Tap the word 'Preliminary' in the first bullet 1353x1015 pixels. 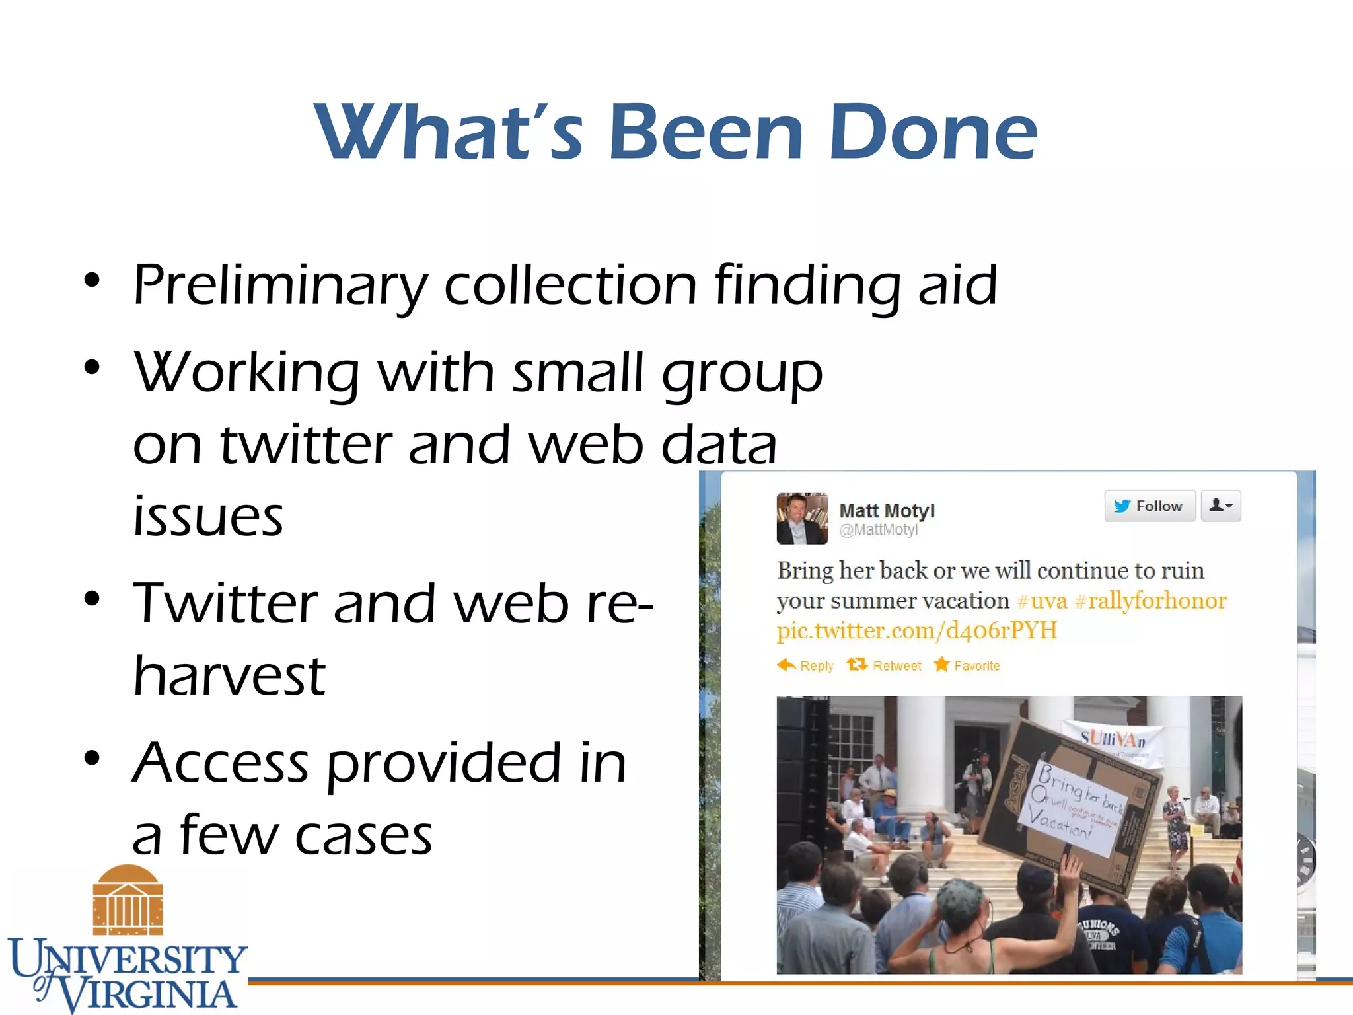(x=280, y=286)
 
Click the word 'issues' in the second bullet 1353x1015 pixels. (x=208, y=516)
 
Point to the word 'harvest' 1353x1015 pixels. (x=229, y=676)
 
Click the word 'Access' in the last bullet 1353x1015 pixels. (x=220, y=763)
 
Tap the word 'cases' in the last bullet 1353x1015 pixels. (x=363, y=836)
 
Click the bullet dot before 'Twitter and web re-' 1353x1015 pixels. (x=92, y=599)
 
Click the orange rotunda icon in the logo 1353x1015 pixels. (x=128, y=900)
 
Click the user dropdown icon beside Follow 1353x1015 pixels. (x=1220, y=506)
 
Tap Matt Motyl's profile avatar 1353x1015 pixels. (x=802, y=519)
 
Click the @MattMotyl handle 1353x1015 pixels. (x=878, y=530)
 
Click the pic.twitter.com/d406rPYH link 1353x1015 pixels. (x=916, y=630)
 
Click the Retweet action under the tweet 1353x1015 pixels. (x=885, y=665)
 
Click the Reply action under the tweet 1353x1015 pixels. (x=805, y=665)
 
